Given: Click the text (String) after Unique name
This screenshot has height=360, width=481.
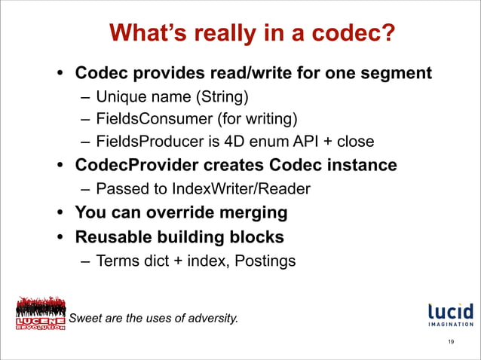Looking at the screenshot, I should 222,97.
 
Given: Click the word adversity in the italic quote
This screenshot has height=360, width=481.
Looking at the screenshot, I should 211,319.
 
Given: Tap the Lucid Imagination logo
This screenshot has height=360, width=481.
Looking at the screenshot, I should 450,315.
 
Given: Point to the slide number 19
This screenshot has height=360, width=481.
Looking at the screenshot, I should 450,343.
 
